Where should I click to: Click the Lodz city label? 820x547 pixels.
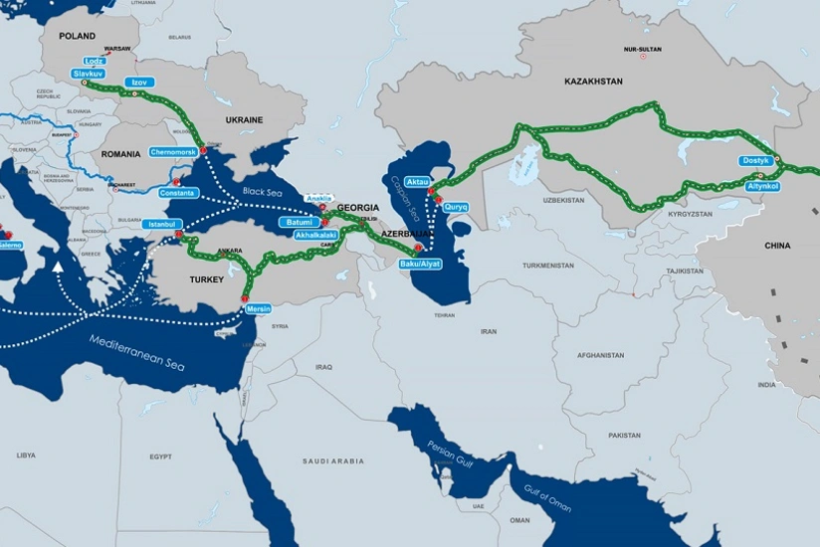(95, 62)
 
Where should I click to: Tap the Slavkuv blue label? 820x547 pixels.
(90, 74)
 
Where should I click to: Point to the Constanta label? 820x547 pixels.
(177, 192)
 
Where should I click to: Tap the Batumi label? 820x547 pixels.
(299, 222)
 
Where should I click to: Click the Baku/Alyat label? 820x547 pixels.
(419, 263)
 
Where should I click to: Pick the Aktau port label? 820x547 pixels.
(417, 183)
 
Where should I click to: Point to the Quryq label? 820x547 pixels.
(456, 206)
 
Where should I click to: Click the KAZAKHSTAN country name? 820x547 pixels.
(593, 82)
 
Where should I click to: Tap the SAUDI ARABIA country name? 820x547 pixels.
(333, 461)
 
